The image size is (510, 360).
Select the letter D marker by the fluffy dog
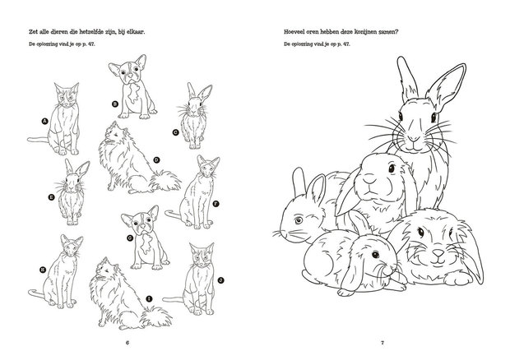(155, 160)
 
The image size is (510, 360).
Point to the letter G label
(131, 239)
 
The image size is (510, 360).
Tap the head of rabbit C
(195, 104)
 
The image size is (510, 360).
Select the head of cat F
(205, 169)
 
